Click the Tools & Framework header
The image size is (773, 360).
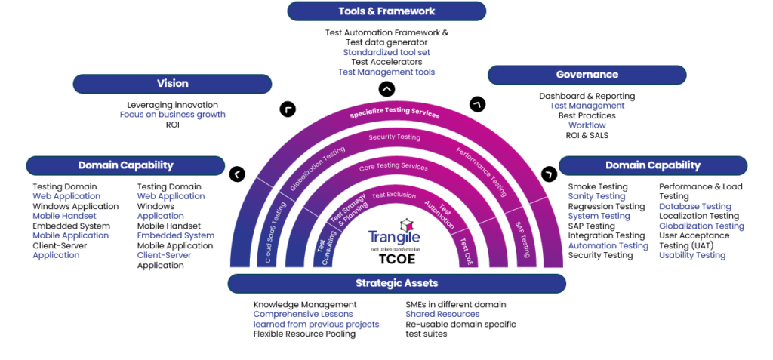[x=386, y=11]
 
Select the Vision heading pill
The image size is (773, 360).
[x=172, y=84]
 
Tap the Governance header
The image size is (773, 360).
[x=587, y=75]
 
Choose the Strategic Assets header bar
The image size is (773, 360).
[x=396, y=283]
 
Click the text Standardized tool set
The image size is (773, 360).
[x=386, y=53]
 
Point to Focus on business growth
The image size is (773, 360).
[x=172, y=115]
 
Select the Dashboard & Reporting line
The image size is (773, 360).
[x=587, y=96]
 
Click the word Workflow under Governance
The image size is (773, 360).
[x=587, y=125]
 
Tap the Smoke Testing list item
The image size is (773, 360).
[x=597, y=186]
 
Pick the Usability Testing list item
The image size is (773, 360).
[x=691, y=255]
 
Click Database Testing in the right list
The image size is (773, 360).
[x=694, y=206]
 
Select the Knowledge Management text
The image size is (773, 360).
[x=304, y=304]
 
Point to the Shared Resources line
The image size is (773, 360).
[x=442, y=314]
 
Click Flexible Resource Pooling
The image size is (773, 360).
[x=304, y=334]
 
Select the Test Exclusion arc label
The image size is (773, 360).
[x=393, y=195]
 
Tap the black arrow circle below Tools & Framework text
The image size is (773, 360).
[x=386, y=89]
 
